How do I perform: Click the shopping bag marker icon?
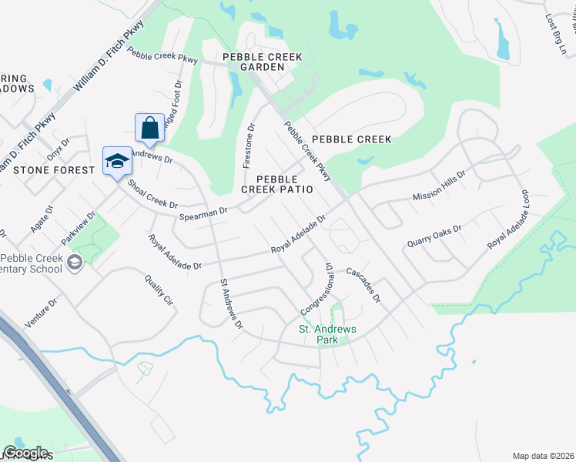[x=149, y=128]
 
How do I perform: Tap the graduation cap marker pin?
[x=117, y=161]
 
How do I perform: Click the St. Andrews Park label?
[x=327, y=334]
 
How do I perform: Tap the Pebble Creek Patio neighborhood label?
[x=277, y=183]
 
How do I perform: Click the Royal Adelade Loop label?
[x=509, y=219]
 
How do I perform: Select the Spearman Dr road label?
[x=203, y=213]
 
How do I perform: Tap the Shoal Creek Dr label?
[x=152, y=195]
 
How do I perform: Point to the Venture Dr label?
[x=41, y=314]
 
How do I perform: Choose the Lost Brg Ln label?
[x=554, y=32]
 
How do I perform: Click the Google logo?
[x=26, y=453]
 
